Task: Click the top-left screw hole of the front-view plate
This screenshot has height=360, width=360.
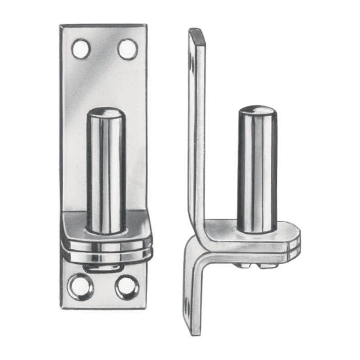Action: [x=81, y=49]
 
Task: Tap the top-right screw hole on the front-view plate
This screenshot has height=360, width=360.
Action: [x=128, y=49]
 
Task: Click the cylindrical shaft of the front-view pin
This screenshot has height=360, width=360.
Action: [x=106, y=171]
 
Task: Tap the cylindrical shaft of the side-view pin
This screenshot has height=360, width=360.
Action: [x=257, y=171]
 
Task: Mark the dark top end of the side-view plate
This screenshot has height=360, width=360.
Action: [x=197, y=34]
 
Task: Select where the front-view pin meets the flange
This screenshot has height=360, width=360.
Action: [x=106, y=230]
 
